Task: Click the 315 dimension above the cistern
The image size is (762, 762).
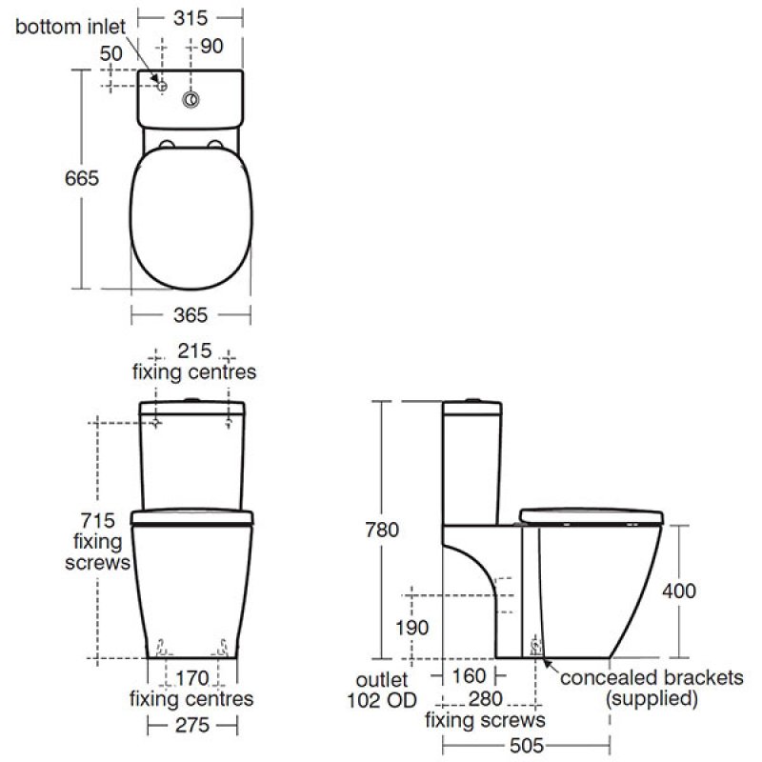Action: [190, 18]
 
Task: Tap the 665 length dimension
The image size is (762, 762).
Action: [82, 178]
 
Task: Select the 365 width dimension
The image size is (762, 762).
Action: [190, 315]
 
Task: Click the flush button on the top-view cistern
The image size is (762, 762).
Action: [191, 100]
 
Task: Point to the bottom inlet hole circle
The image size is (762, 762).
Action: [162, 86]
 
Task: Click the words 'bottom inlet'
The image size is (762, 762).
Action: [70, 27]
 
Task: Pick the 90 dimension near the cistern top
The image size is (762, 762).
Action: [211, 46]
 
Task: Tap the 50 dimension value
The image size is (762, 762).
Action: [111, 53]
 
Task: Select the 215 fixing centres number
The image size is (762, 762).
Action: [194, 351]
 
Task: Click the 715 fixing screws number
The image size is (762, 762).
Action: [98, 521]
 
